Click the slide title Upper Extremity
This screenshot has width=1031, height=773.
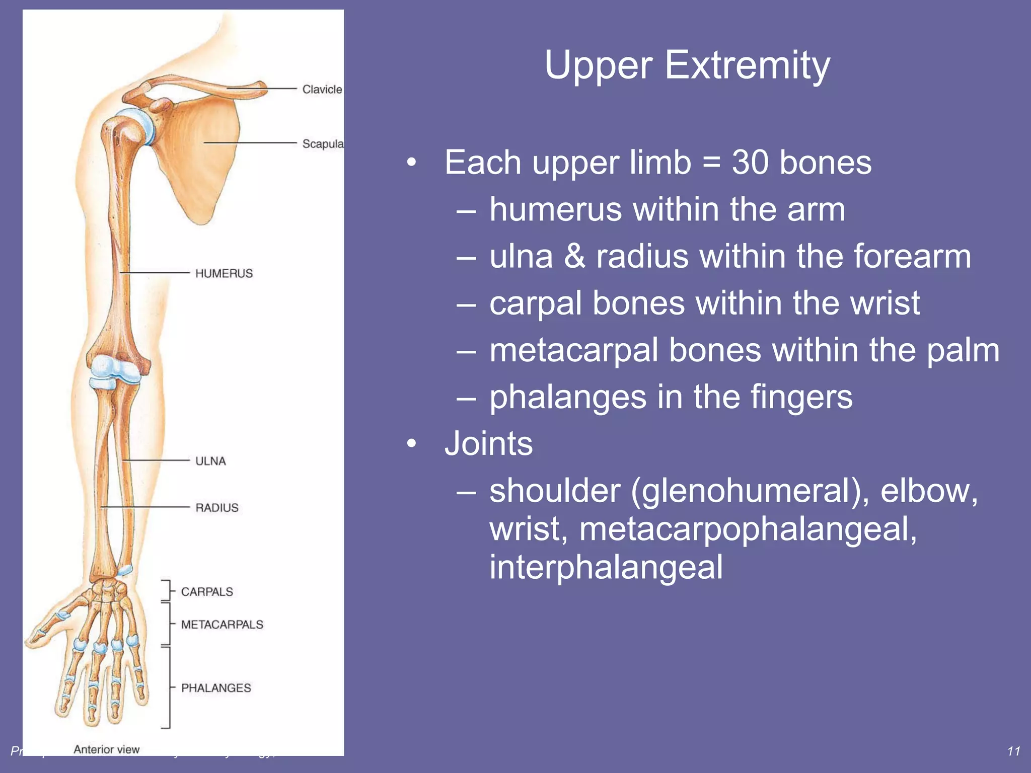tap(687, 65)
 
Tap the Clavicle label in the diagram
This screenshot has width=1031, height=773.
tap(322, 89)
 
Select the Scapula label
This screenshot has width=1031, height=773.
tap(322, 144)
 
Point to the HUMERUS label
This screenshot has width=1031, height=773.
tap(224, 273)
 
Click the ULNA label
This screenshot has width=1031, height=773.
tap(210, 461)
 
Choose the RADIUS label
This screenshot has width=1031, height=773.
tap(216, 508)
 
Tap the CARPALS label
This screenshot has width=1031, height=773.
tap(207, 592)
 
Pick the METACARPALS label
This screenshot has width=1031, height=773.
tap(222, 625)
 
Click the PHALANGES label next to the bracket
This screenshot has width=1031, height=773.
tap(216, 688)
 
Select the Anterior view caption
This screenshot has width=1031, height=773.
tap(106, 749)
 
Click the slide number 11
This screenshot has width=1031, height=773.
tap(1013, 751)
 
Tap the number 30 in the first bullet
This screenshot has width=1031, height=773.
tap(750, 163)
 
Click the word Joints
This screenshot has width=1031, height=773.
tap(488, 444)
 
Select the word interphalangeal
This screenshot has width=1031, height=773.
tap(606, 567)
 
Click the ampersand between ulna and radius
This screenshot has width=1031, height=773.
tap(574, 257)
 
